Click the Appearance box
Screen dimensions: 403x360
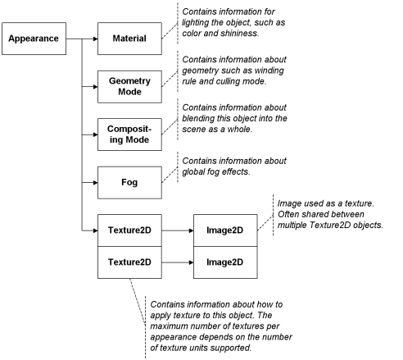[x=34, y=39]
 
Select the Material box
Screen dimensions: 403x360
[x=129, y=39]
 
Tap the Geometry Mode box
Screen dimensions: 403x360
[x=129, y=87]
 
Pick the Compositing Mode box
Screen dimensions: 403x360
[x=129, y=134]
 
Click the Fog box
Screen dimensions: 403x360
[x=129, y=183]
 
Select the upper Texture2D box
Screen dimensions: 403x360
[x=129, y=230]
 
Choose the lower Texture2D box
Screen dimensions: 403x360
[x=129, y=262]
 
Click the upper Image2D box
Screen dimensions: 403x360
[x=225, y=230]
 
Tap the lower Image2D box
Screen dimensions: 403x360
[x=225, y=262]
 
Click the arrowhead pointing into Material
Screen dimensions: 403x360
[x=96, y=39]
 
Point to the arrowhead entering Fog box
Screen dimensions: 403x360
[x=96, y=183]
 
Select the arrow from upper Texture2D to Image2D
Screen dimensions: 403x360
[x=178, y=230]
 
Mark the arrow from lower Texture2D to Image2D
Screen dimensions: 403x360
[x=178, y=262]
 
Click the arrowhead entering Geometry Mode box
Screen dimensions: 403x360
[x=96, y=87]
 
